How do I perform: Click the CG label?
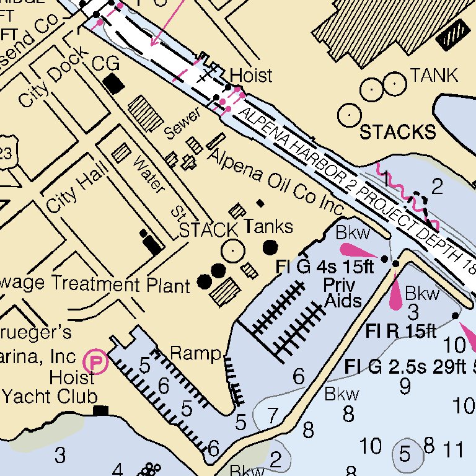[x=105, y=63]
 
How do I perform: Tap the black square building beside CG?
[x=113, y=84]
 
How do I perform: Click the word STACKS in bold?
[x=397, y=131]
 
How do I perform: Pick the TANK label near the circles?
[x=434, y=76]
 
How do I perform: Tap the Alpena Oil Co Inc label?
[x=275, y=180]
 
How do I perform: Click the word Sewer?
[x=183, y=123]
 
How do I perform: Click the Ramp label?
[x=195, y=353]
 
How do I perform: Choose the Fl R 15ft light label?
[x=400, y=331]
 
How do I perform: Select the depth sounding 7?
[x=273, y=415]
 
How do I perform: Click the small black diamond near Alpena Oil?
[x=260, y=203]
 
